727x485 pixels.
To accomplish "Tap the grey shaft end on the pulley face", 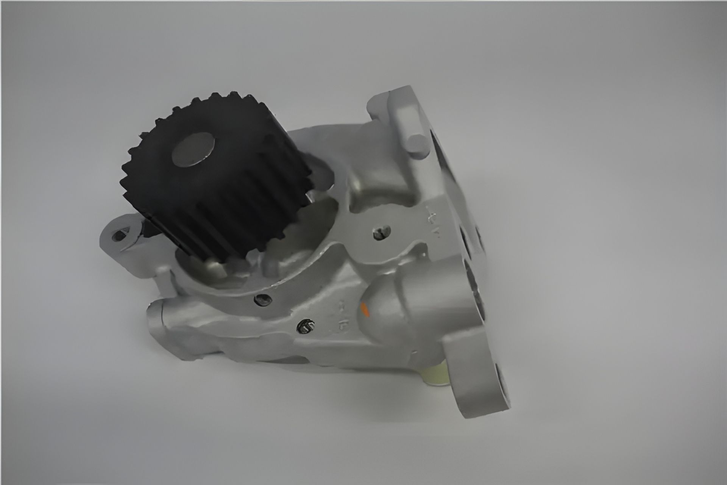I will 193,149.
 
